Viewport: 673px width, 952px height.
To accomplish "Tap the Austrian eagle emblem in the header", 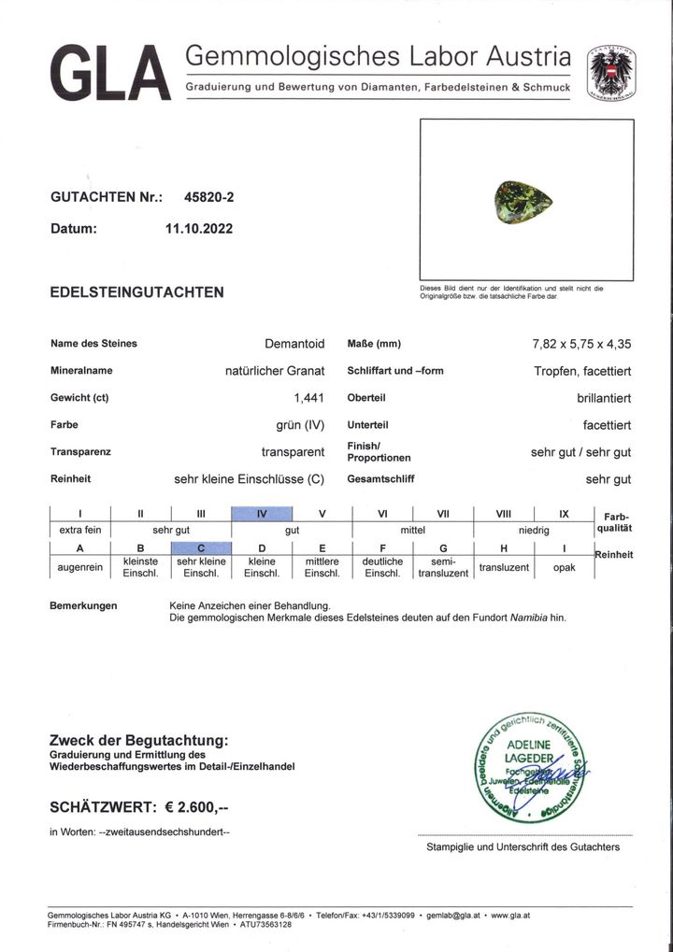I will pos(609,71).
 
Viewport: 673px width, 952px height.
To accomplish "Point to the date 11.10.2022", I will pos(198,228).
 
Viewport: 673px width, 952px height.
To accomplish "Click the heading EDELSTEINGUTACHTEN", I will pos(136,292).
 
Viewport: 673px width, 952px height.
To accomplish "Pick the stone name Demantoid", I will pos(294,343).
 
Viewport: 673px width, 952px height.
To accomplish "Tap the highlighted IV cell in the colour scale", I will pos(262,513).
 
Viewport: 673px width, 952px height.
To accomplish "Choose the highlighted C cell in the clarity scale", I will pos(201,547).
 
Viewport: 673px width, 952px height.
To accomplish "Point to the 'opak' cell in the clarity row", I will pos(565,566).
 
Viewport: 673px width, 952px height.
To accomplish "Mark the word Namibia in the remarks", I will pos(516,618).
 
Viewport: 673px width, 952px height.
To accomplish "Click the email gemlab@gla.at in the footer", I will pos(455,916).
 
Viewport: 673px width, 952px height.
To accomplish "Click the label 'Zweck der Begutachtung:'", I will pos(138,740).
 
